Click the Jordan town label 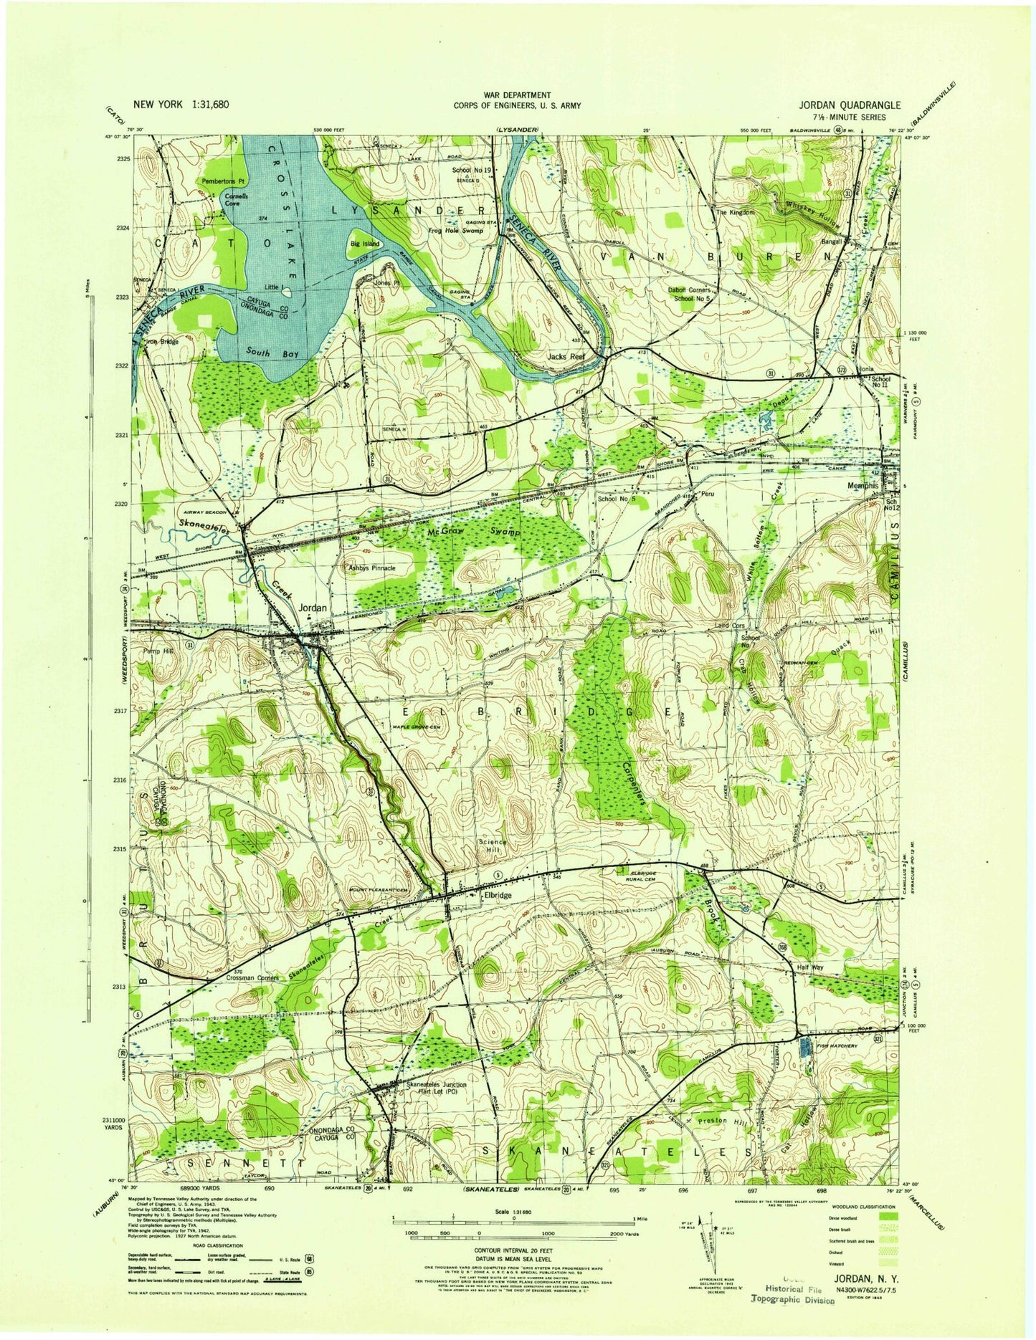(312, 608)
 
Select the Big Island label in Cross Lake (364, 244)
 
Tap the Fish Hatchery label (840, 1046)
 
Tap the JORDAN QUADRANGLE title (841, 104)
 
